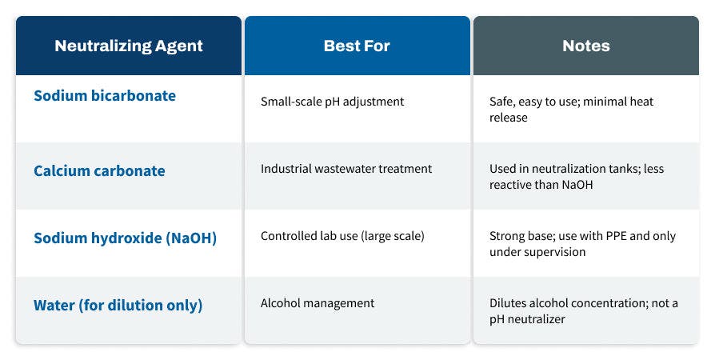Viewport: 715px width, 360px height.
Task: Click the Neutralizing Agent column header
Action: click(x=128, y=46)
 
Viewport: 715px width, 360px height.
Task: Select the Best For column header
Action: click(x=357, y=46)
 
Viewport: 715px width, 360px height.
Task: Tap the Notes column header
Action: click(x=585, y=46)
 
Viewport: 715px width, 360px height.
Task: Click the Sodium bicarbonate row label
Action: click(x=105, y=96)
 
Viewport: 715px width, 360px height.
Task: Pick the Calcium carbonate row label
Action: click(x=99, y=170)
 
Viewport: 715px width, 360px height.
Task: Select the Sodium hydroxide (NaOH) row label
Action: click(x=125, y=238)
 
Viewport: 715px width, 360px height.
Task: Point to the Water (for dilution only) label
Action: click(x=118, y=305)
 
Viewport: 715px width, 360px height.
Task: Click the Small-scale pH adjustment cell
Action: click(x=332, y=102)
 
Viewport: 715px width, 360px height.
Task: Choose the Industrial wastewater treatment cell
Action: click(x=346, y=169)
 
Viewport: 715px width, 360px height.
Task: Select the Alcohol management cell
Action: click(x=318, y=303)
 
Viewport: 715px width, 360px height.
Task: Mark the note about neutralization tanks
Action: click(x=576, y=177)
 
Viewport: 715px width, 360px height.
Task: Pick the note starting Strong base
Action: click(x=582, y=244)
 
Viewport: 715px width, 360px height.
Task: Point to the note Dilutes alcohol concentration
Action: click(x=583, y=311)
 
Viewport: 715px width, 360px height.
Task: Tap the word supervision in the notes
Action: click(x=557, y=252)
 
